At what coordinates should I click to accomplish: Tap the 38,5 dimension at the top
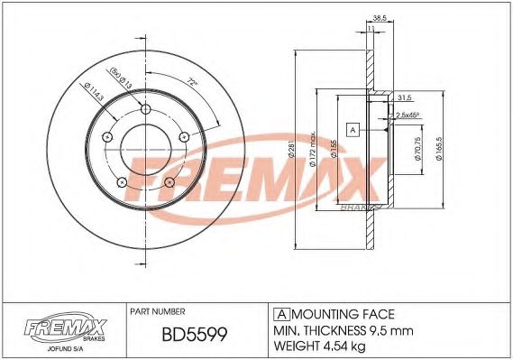[380, 18]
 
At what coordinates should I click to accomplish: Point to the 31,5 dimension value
[405, 98]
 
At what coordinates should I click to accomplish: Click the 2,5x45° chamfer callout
[411, 115]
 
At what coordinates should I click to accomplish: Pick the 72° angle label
[190, 82]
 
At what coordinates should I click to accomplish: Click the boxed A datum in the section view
[353, 129]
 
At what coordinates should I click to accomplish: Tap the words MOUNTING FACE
[343, 313]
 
